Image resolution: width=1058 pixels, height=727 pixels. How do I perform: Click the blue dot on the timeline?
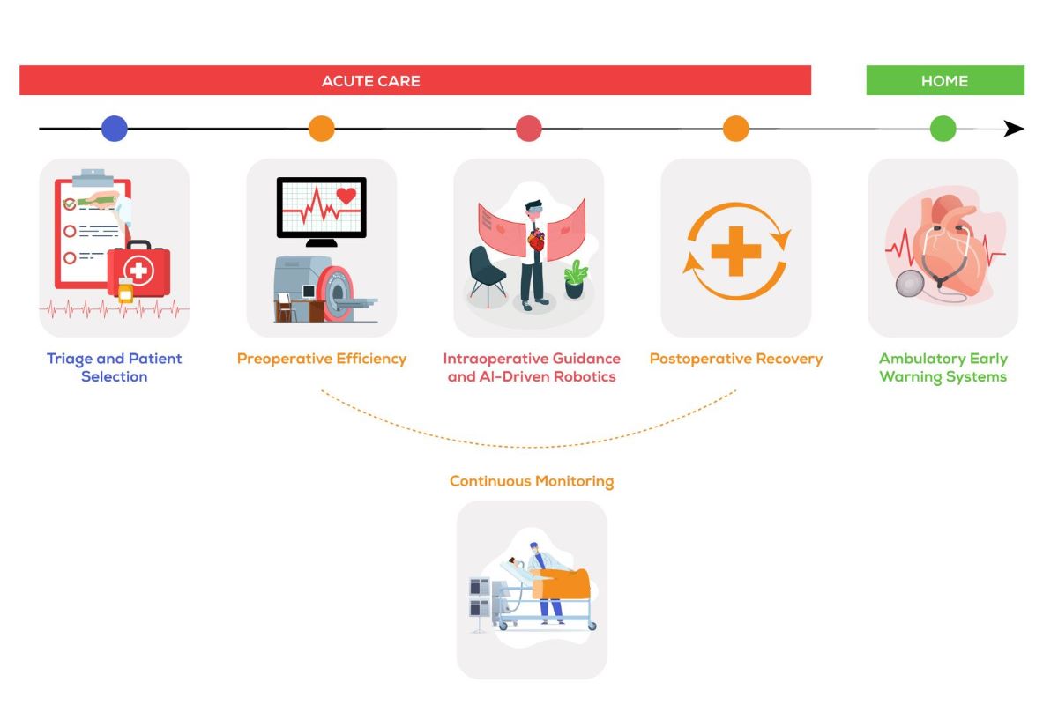click(115, 129)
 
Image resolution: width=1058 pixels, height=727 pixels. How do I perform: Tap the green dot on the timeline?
click(943, 129)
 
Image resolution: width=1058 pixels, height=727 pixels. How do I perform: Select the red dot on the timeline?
click(528, 129)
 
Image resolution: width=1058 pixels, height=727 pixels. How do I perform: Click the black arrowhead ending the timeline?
click(1014, 129)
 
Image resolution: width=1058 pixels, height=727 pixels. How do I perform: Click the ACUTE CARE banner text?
click(370, 81)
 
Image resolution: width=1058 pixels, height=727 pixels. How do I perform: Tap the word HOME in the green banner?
click(944, 81)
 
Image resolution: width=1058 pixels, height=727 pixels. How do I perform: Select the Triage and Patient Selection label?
click(115, 367)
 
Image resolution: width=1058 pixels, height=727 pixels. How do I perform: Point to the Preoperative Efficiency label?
click(322, 359)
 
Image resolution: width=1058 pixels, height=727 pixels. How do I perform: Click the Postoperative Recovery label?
click(736, 359)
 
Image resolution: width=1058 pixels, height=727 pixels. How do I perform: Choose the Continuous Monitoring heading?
click(532, 481)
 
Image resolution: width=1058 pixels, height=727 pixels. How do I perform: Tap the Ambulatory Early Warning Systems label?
click(943, 367)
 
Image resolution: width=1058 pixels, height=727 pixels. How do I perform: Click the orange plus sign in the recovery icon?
click(736, 251)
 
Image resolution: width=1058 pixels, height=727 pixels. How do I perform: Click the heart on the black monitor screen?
click(346, 197)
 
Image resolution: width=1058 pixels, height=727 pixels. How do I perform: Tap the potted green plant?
click(576, 278)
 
